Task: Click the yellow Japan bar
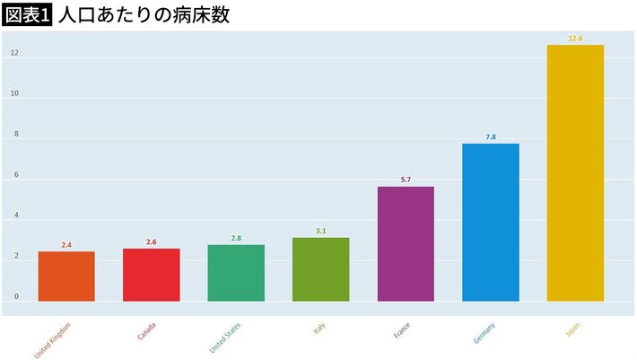click(x=575, y=172)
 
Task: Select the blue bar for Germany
click(x=491, y=222)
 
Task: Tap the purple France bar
click(x=406, y=243)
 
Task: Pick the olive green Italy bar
click(x=320, y=269)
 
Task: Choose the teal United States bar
click(x=236, y=272)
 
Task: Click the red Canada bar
click(x=151, y=275)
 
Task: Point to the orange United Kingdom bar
click(x=66, y=277)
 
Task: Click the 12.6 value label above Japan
click(x=575, y=39)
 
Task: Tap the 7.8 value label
click(x=491, y=137)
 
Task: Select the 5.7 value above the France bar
click(x=406, y=180)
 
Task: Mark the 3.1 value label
click(x=320, y=232)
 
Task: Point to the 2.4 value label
click(x=66, y=245)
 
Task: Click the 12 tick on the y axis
click(x=14, y=53)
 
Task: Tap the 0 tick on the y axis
click(x=15, y=296)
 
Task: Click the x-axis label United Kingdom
click(x=52, y=339)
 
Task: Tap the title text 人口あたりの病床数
click(x=143, y=15)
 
